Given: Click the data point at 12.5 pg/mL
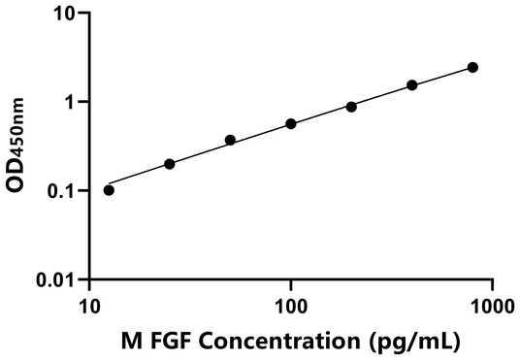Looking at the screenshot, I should coord(109,190).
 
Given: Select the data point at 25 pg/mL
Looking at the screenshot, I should coord(170,164).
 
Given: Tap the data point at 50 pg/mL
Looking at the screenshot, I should coord(230,140).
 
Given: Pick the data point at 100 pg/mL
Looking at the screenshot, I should coord(291,124).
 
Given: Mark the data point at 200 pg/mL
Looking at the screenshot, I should coord(351,107).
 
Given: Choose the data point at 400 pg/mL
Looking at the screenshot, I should coord(412,85).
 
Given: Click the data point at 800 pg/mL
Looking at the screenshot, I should coord(472,67).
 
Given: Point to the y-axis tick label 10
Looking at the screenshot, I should coord(63,14).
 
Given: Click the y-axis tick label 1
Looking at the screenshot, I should coord(69,102).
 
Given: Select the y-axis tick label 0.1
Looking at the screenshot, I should coord(61,191).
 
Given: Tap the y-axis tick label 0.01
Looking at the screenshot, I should coord(56,280).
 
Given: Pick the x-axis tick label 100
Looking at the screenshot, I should coord(291,307).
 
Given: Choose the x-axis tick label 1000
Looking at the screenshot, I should coord(491,307).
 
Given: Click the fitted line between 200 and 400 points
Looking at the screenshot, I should coord(381,96).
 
